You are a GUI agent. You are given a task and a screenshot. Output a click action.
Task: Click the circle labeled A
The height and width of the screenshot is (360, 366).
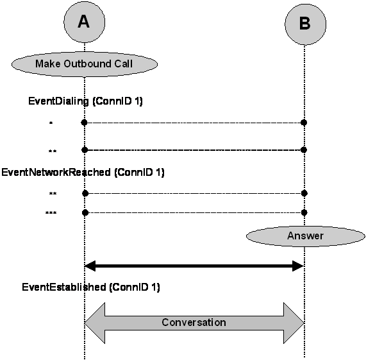84,22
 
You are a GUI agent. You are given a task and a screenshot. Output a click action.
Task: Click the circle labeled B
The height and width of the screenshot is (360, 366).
305,24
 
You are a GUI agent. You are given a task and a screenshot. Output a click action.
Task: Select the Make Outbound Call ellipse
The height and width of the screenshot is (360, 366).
85,64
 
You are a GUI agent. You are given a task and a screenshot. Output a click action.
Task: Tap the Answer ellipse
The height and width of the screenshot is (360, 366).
305,236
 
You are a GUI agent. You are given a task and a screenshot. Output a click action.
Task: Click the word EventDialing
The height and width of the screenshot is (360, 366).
58,101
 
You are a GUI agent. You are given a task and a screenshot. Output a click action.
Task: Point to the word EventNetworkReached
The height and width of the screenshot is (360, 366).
56,173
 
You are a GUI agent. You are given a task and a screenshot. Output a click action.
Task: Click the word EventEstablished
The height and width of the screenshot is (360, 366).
63,287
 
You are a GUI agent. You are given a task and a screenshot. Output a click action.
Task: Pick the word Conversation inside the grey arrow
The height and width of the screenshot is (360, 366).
194,322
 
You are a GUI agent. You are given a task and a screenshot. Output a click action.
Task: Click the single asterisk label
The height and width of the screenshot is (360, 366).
51,123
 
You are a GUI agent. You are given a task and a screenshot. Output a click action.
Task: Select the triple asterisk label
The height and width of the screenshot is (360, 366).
51,213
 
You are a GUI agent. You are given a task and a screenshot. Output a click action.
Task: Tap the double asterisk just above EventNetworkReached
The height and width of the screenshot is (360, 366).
53,151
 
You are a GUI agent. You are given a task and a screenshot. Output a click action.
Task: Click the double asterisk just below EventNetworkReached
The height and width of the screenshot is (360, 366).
53,193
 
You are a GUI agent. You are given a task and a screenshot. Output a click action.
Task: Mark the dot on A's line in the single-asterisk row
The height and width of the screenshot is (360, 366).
84,123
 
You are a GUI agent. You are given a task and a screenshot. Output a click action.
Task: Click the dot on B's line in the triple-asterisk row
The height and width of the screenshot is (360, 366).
304,212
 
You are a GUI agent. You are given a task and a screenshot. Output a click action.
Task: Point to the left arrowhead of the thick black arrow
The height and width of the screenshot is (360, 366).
90,266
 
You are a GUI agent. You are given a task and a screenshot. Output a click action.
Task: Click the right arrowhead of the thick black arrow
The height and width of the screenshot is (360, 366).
298,266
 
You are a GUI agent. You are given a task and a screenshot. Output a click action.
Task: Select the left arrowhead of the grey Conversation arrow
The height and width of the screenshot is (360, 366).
94,323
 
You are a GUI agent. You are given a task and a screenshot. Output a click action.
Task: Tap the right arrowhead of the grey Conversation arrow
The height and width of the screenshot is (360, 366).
294,323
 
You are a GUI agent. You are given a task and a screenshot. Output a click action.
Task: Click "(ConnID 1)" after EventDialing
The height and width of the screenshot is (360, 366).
117,101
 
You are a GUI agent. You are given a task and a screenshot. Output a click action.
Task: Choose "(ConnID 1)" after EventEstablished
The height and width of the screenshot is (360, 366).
135,287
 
